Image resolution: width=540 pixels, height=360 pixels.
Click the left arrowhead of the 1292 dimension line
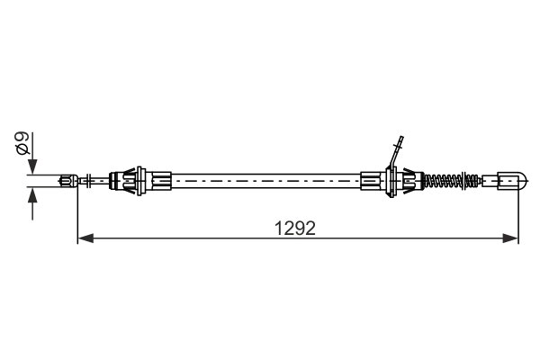click(85, 238)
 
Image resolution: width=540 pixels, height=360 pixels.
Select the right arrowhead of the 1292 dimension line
click(514, 238)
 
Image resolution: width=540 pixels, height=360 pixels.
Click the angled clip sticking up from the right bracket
click(393, 153)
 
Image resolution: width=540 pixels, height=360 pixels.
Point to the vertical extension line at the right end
click(520, 211)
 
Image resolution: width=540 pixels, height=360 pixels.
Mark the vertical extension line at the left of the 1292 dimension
click(78, 211)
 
